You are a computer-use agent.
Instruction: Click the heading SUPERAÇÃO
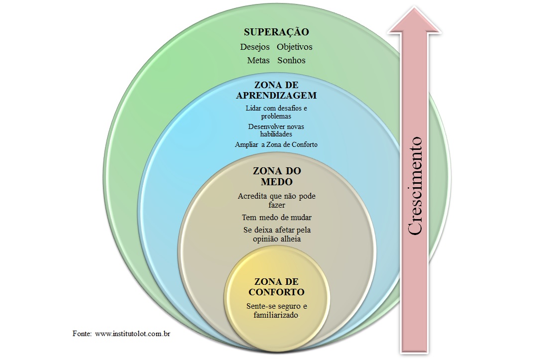(x=276, y=32)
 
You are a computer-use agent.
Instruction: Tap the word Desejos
(x=255, y=47)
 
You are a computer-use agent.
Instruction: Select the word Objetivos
(x=295, y=47)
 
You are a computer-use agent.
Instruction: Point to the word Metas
(x=258, y=61)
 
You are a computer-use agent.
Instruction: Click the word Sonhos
(x=291, y=61)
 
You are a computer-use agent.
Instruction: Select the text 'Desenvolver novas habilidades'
(x=276, y=130)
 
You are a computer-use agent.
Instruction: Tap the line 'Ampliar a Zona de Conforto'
(x=276, y=145)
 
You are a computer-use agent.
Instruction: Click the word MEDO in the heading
(x=276, y=182)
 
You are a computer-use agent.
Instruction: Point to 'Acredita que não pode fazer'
(x=276, y=200)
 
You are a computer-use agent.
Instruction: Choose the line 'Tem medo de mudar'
(x=276, y=218)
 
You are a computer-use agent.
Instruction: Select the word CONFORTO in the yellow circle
(x=276, y=292)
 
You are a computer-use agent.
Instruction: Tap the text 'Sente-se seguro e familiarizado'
(x=276, y=310)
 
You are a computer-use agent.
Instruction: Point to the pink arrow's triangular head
(x=415, y=20)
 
